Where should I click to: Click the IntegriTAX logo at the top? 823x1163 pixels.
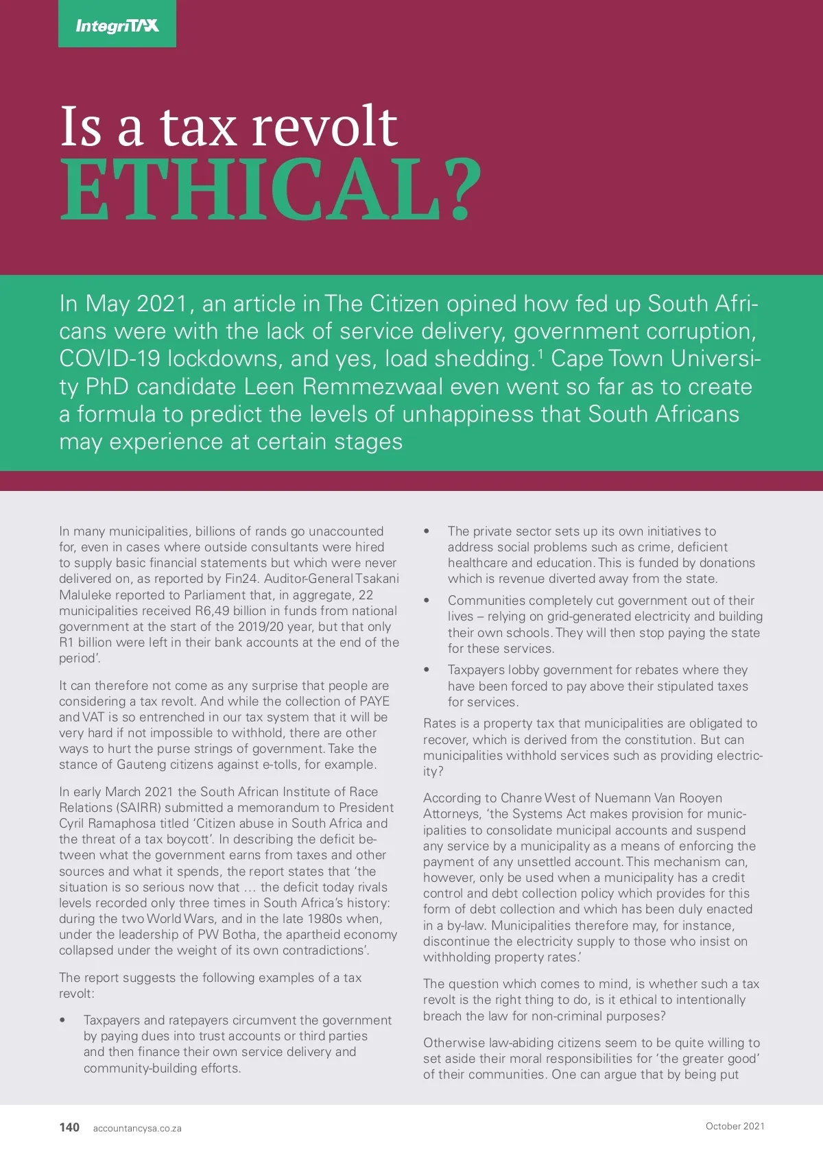(x=117, y=25)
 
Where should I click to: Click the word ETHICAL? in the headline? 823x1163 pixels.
(x=270, y=190)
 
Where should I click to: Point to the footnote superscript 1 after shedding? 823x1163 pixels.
(x=540, y=352)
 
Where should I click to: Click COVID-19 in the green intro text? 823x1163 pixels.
(x=110, y=359)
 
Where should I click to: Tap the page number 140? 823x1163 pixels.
(x=69, y=1127)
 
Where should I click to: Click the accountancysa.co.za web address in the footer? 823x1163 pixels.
(x=137, y=1128)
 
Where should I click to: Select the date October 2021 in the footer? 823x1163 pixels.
(x=735, y=1126)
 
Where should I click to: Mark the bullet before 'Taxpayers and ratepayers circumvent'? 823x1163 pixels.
(x=62, y=1020)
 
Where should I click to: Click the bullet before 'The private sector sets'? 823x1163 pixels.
(x=427, y=531)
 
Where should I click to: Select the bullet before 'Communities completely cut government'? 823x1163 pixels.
(x=427, y=601)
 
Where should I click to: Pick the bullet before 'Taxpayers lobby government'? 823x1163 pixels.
(x=427, y=670)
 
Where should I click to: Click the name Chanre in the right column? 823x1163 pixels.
(x=521, y=798)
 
